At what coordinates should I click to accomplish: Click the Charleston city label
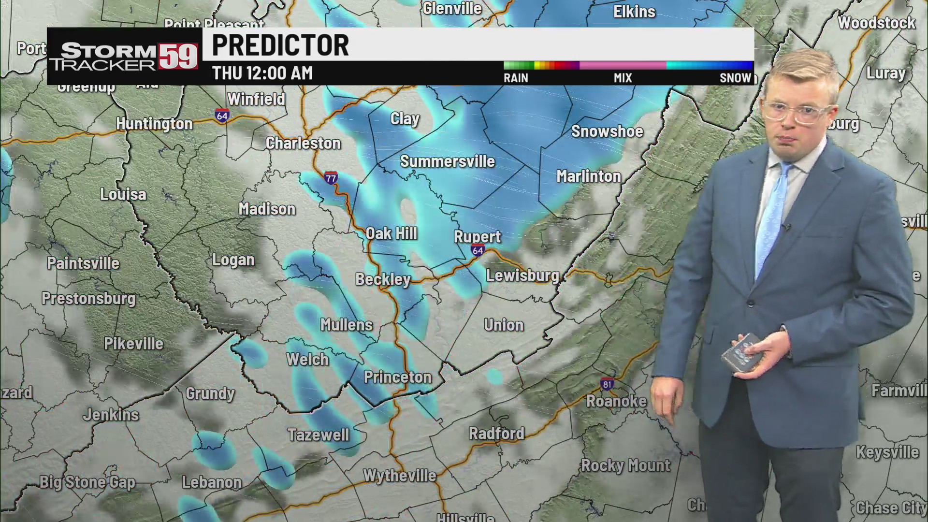303,143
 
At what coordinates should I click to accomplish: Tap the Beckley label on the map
383,279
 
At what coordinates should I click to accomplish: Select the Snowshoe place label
607,131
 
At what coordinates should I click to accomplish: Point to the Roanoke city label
616,401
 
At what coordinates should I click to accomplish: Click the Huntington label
154,124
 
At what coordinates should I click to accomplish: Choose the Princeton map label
397,377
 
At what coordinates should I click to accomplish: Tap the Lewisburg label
522,275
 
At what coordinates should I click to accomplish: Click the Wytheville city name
400,476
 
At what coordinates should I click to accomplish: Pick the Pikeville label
134,344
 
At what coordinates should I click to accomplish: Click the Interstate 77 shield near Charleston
331,178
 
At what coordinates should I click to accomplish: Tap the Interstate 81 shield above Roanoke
607,384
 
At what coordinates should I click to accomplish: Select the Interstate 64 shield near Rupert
478,250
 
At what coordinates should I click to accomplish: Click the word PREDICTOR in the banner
280,45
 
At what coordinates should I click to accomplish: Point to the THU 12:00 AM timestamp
262,73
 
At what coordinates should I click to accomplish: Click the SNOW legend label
735,78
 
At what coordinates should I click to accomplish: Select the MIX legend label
623,78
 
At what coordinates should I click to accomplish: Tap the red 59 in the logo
178,57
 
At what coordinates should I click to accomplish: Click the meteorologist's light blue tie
773,217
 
